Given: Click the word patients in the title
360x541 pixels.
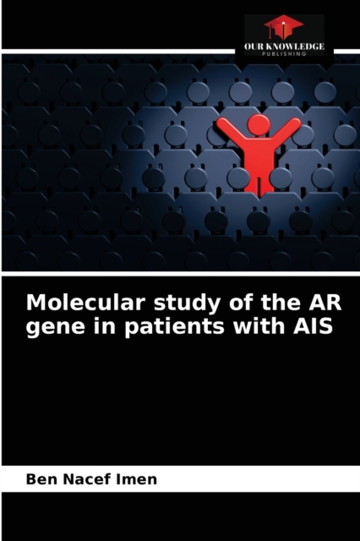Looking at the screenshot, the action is click(x=174, y=326).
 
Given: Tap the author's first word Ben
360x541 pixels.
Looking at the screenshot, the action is click(x=39, y=479).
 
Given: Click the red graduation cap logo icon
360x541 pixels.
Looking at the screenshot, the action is click(x=284, y=27).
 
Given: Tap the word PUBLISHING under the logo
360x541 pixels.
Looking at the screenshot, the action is click(x=284, y=54).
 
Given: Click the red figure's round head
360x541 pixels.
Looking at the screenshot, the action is click(x=259, y=124).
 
